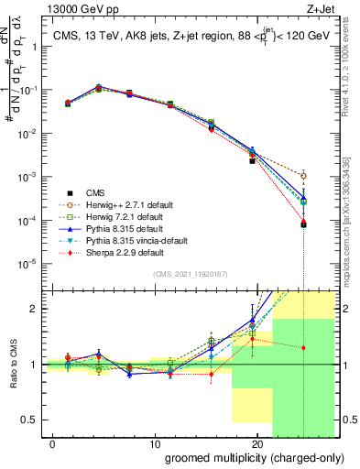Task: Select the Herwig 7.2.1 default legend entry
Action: point(123,216)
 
